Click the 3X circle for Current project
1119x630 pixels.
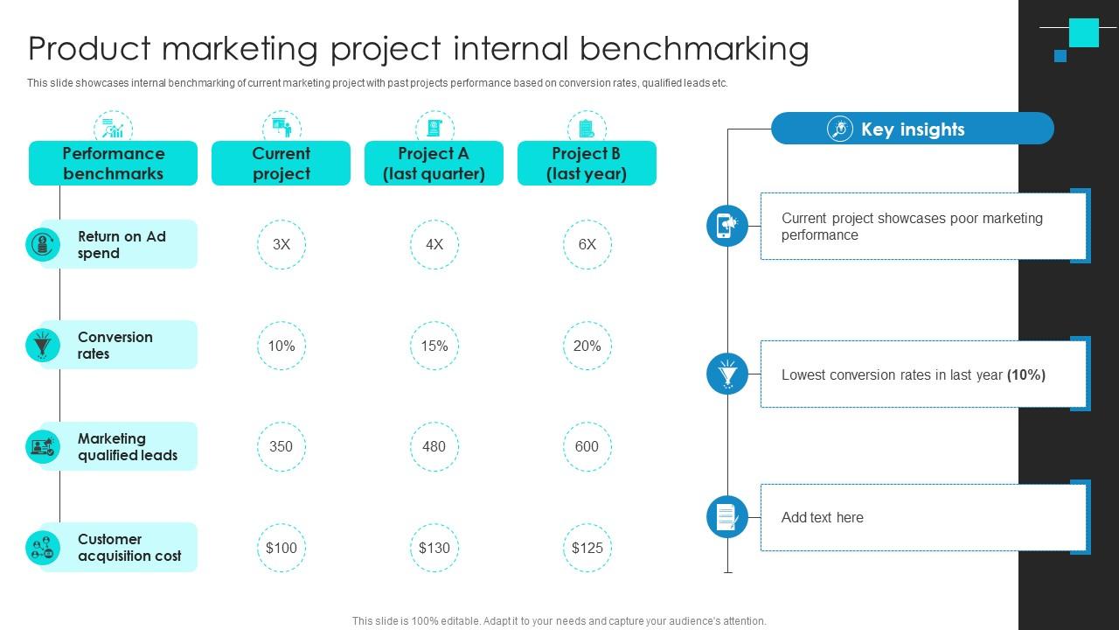281,245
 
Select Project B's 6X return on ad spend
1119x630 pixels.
587,245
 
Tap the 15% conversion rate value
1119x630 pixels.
434,346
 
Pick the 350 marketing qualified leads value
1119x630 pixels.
281,446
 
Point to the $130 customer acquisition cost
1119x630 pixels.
434,548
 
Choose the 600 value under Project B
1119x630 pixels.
587,446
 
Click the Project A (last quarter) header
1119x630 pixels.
434,164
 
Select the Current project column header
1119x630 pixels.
281,164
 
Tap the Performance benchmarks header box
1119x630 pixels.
113,164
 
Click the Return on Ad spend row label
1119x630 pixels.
122,245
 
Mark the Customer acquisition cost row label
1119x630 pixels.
129,548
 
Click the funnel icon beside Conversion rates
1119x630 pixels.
42,345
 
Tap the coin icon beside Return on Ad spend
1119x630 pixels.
42,244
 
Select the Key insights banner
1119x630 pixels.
912,129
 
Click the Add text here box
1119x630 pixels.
923,517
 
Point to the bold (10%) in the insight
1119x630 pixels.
1026,374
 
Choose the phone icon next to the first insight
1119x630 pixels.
727,226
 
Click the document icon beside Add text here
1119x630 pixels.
727,516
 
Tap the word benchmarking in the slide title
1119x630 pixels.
694,48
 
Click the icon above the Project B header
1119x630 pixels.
587,128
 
